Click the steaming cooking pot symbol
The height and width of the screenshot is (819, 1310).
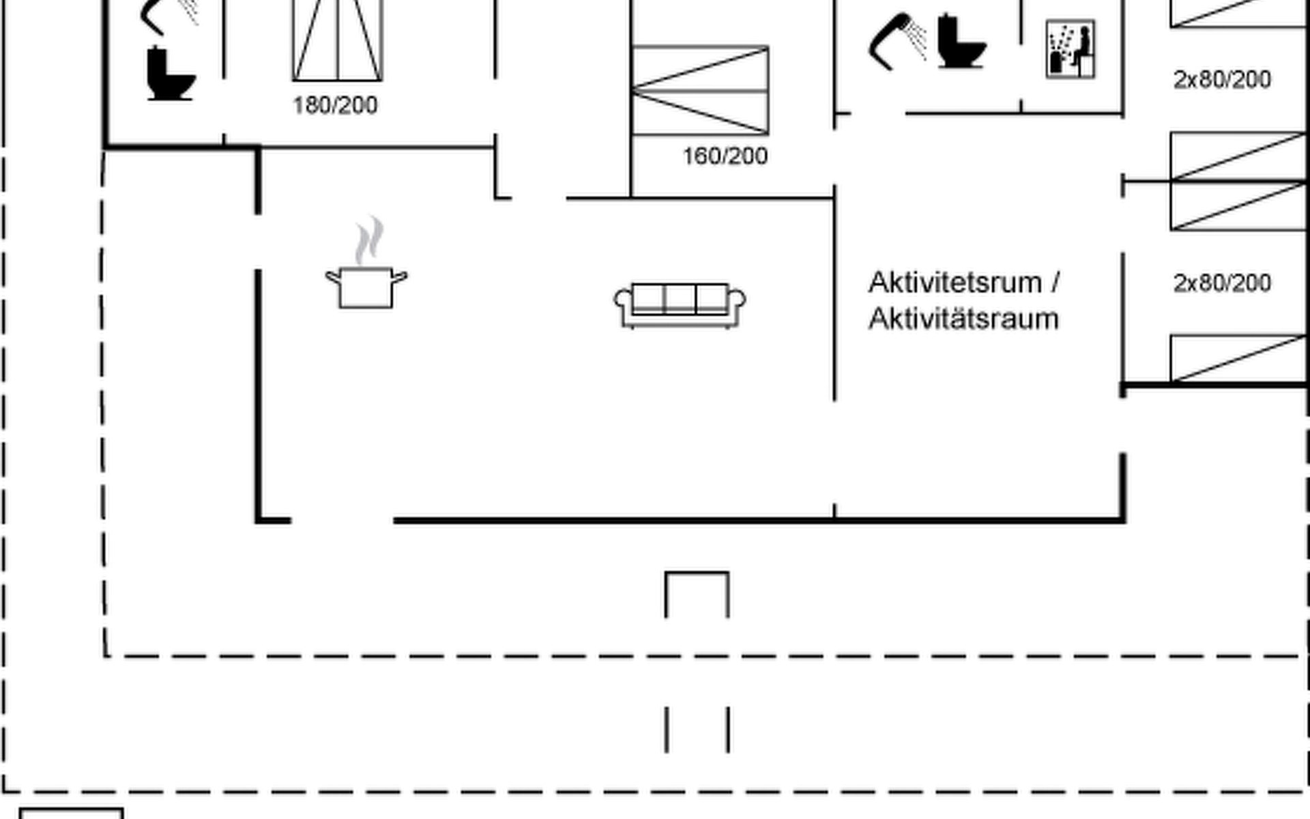click(x=366, y=287)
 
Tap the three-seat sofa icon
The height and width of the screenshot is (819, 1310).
click(x=680, y=305)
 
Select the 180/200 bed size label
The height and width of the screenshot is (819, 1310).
click(x=335, y=105)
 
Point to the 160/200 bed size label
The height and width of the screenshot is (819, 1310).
click(x=725, y=156)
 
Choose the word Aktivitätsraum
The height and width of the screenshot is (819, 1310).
click(x=963, y=319)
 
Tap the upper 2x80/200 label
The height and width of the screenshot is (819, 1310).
click(x=1222, y=80)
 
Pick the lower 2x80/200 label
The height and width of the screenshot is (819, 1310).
click(x=1222, y=283)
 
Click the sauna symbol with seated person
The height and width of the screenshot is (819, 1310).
click(x=1071, y=49)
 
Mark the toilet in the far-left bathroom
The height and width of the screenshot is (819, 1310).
click(x=170, y=74)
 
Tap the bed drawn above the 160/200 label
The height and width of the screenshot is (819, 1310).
click(x=701, y=90)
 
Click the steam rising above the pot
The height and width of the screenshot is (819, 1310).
click(x=369, y=241)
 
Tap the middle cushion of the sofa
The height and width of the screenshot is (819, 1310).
click(x=680, y=298)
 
